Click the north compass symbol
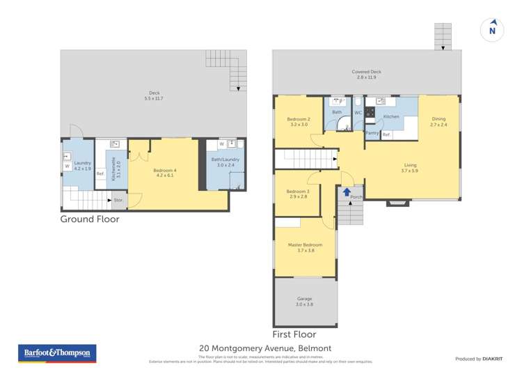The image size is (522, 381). coord(492,29)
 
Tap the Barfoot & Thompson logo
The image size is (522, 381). coord(57,354)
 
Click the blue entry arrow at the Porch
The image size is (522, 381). coord(347,191)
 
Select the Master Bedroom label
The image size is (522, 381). coord(306,247)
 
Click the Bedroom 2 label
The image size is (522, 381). coord(299,122)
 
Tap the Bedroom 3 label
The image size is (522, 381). coord(297,194)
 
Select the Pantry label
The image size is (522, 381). coord(372,133)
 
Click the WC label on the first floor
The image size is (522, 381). coord(358,112)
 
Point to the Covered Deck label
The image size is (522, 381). coord(366,74)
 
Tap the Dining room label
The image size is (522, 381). coord(438,121)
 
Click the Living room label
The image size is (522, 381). coord(410,168)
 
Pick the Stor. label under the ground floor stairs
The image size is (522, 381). coord(118,201)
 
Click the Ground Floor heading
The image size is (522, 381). coord(90,219)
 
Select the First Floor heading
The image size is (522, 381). coord(294,334)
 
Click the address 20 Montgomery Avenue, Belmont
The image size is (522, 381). coord(265,348)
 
